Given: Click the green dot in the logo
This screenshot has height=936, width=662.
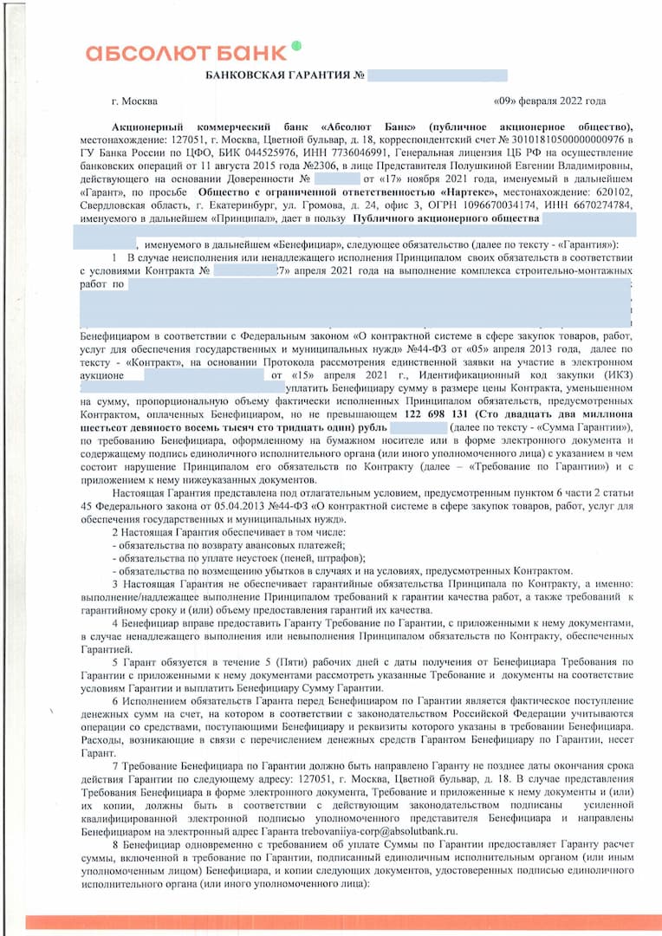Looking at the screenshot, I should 296,45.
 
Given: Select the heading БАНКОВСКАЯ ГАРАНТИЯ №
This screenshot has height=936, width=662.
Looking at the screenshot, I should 283,76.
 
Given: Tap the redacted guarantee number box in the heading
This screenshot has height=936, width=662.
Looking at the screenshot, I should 438,76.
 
